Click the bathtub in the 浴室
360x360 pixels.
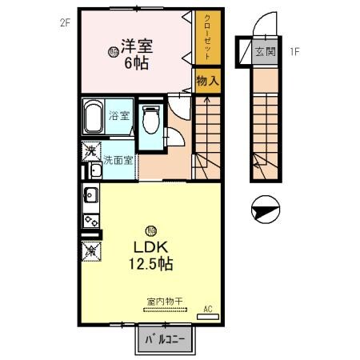pyautogui.click(x=94, y=118)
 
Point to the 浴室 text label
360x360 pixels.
pyautogui.click(x=120, y=114)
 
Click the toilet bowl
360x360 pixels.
pyautogui.click(x=150, y=122)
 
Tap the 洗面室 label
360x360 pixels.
pyautogui.click(x=118, y=160)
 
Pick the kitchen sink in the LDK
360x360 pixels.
pyautogui.click(x=90, y=194)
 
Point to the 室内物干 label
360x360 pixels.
pyautogui.click(x=164, y=302)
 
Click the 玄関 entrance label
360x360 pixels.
pyautogui.click(x=264, y=51)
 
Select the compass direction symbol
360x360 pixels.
pyautogui.click(x=263, y=212)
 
